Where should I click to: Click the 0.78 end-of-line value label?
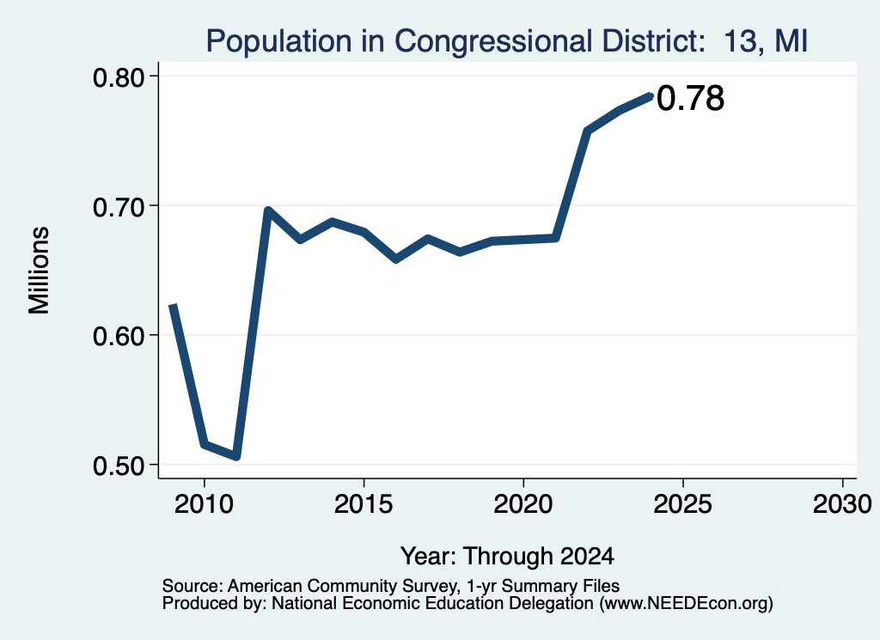pyautogui.click(x=690, y=98)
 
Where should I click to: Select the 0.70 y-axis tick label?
pyautogui.click(x=119, y=208)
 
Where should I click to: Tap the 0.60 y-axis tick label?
pyautogui.click(x=119, y=337)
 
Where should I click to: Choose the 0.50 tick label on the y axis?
pyautogui.click(x=119, y=466)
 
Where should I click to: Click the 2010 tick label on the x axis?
pyautogui.click(x=204, y=504)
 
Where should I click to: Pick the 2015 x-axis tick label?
pyautogui.click(x=364, y=504)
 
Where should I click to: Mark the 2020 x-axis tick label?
pyautogui.click(x=523, y=504)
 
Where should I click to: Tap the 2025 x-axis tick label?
pyautogui.click(x=683, y=504)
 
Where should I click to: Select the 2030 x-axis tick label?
pyautogui.click(x=842, y=504)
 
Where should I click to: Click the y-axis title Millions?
pyautogui.click(x=39, y=271)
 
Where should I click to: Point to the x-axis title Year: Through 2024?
pyautogui.click(x=507, y=557)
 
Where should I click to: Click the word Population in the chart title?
pyautogui.click(x=279, y=41)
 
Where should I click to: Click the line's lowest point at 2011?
pyautogui.click(x=237, y=456)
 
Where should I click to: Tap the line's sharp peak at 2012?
pyautogui.click(x=268, y=211)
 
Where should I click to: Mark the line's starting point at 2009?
pyautogui.click(x=173, y=305)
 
